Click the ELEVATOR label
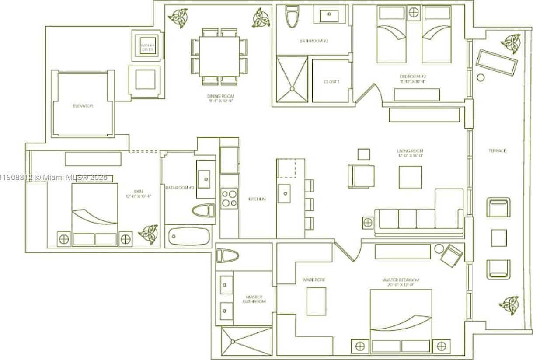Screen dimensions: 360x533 coord(83,106)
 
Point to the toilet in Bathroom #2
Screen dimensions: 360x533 coord(291,17)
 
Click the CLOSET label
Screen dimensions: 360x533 coord(331,82)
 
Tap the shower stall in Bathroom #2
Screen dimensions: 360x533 coord(292,79)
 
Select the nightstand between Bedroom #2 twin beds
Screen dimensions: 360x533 coord(414,12)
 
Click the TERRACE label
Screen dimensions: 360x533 coord(497,151)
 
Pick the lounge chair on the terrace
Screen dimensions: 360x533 coord(496,63)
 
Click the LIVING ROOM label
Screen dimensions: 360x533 coord(410,153)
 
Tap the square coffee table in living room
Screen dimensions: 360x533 coord(410,177)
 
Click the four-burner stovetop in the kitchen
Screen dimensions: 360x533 coord(229,198)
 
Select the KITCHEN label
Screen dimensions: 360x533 coord(257,199)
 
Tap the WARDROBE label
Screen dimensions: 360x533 coord(314,280)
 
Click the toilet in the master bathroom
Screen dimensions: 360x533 coord(227,256)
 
